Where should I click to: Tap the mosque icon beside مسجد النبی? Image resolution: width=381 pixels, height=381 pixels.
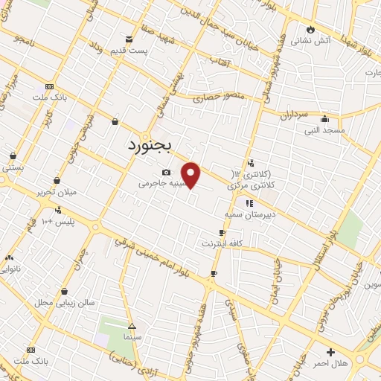324,118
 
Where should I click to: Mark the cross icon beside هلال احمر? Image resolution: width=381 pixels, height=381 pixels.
330,351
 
